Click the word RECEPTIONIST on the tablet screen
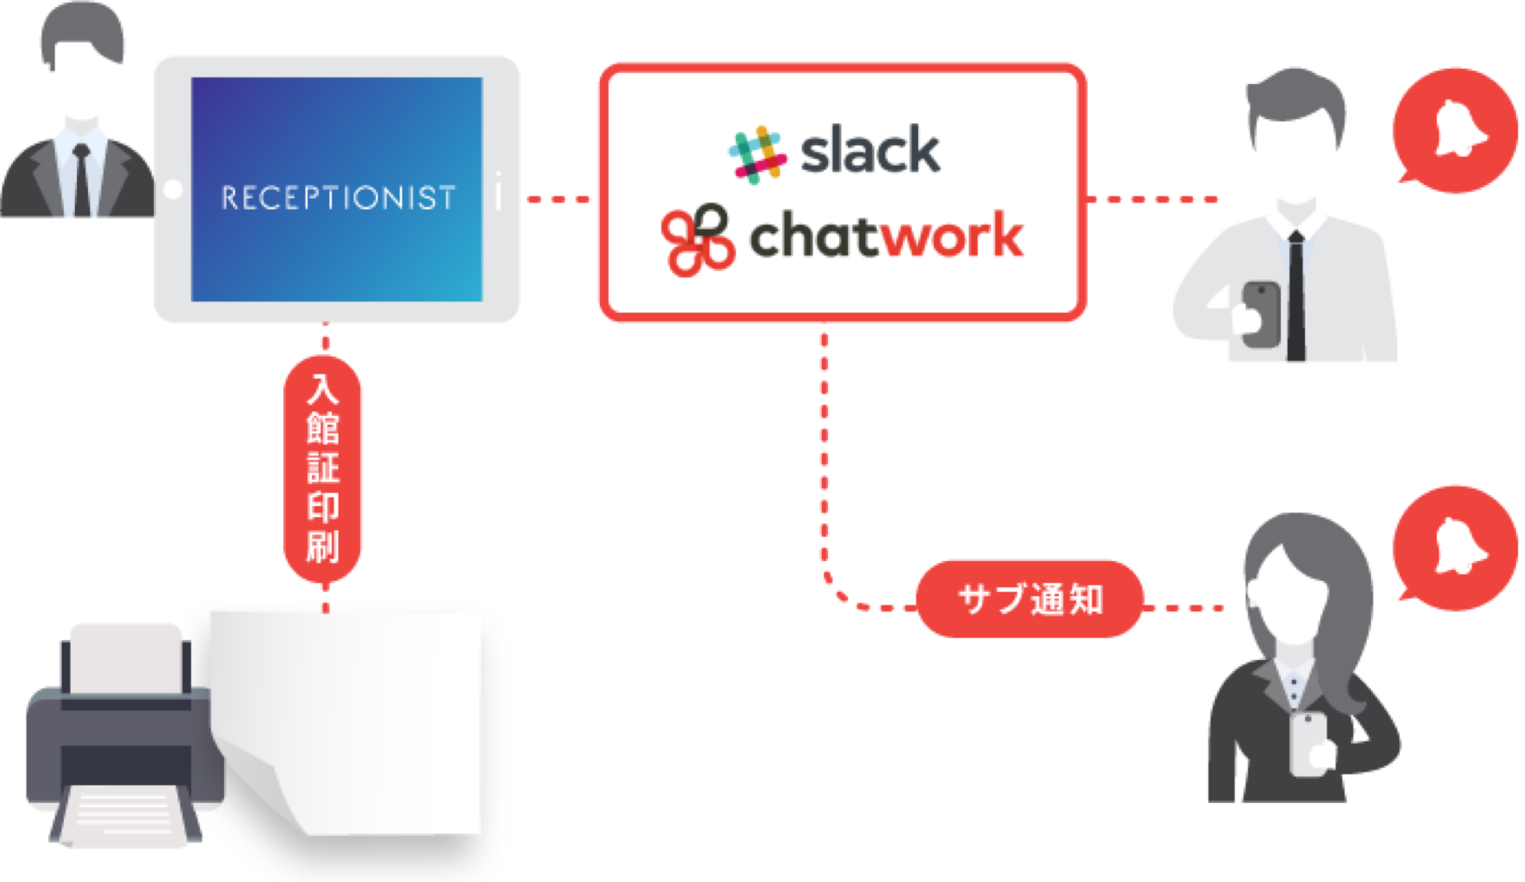click(338, 198)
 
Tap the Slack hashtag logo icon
click(757, 154)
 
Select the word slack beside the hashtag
click(871, 150)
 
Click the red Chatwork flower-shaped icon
click(697, 240)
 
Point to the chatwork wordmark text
click(886, 237)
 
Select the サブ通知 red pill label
click(1030, 599)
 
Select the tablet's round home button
click(173, 189)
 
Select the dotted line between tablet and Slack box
click(559, 200)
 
